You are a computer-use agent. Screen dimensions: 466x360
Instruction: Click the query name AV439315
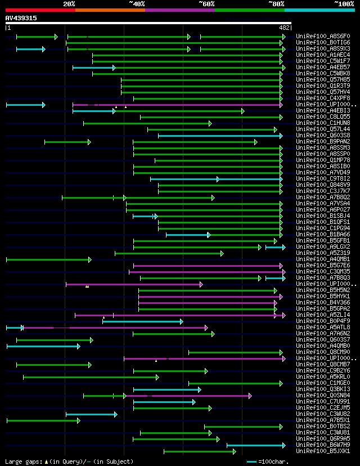[x=21, y=18]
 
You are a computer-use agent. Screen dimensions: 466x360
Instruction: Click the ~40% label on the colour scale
[x=137, y=4]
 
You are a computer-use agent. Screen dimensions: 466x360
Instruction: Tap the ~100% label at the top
[x=344, y=4]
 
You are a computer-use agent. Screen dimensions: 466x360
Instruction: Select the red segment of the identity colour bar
[x=40, y=10]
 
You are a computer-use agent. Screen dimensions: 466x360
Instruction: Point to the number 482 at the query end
[x=284, y=28]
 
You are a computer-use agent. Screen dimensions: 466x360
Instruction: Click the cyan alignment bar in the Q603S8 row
[x=219, y=136]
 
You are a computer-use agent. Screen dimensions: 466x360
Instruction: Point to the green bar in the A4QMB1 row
[x=48, y=259]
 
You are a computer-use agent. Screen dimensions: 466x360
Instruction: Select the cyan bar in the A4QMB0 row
[x=42, y=346]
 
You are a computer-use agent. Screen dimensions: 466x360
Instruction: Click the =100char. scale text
[x=277, y=461]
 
